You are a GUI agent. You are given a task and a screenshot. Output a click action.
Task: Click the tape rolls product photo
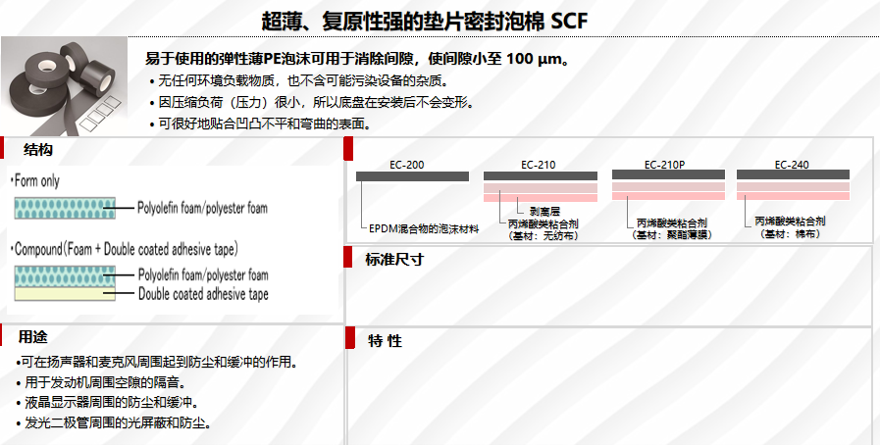click(x=63, y=82)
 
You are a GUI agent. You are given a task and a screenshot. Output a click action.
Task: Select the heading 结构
click(x=38, y=149)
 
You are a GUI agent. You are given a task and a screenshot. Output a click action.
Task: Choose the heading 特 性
click(x=385, y=341)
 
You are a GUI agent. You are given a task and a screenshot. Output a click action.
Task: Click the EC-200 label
click(x=407, y=165)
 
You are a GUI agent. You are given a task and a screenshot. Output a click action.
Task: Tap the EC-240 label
click(x=792, y=165)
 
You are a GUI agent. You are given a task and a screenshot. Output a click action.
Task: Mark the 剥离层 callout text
click(x=545, y=211)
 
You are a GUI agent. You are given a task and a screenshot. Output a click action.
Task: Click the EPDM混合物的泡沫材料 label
click(x=424, y=228)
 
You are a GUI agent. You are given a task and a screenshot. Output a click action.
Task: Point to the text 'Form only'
click(x=36, y=181)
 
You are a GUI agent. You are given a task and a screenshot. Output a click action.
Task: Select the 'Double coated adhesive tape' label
click(x=202, y=293)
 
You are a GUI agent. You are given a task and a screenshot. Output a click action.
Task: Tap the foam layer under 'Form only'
click(x=65, y=208)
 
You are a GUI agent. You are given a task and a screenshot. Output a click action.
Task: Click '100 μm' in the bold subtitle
click(x=536, y=59)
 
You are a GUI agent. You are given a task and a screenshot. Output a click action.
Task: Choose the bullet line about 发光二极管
click(x=118, y=422)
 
